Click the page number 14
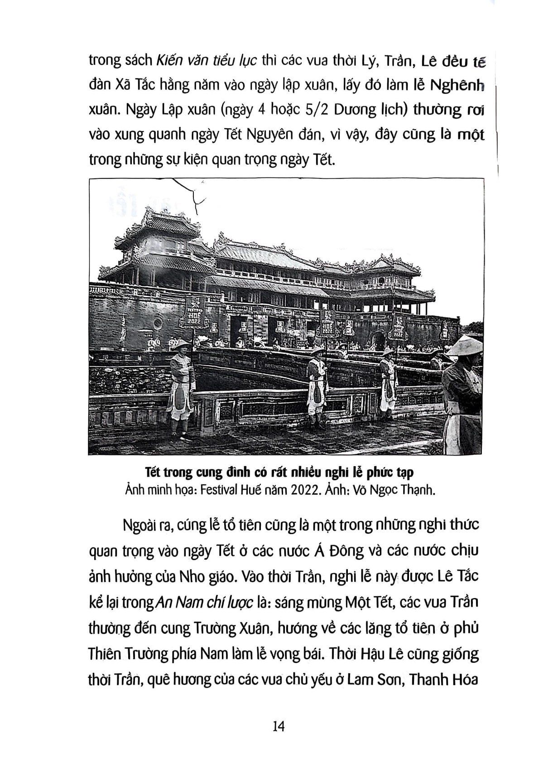click(x=278, y=726)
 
